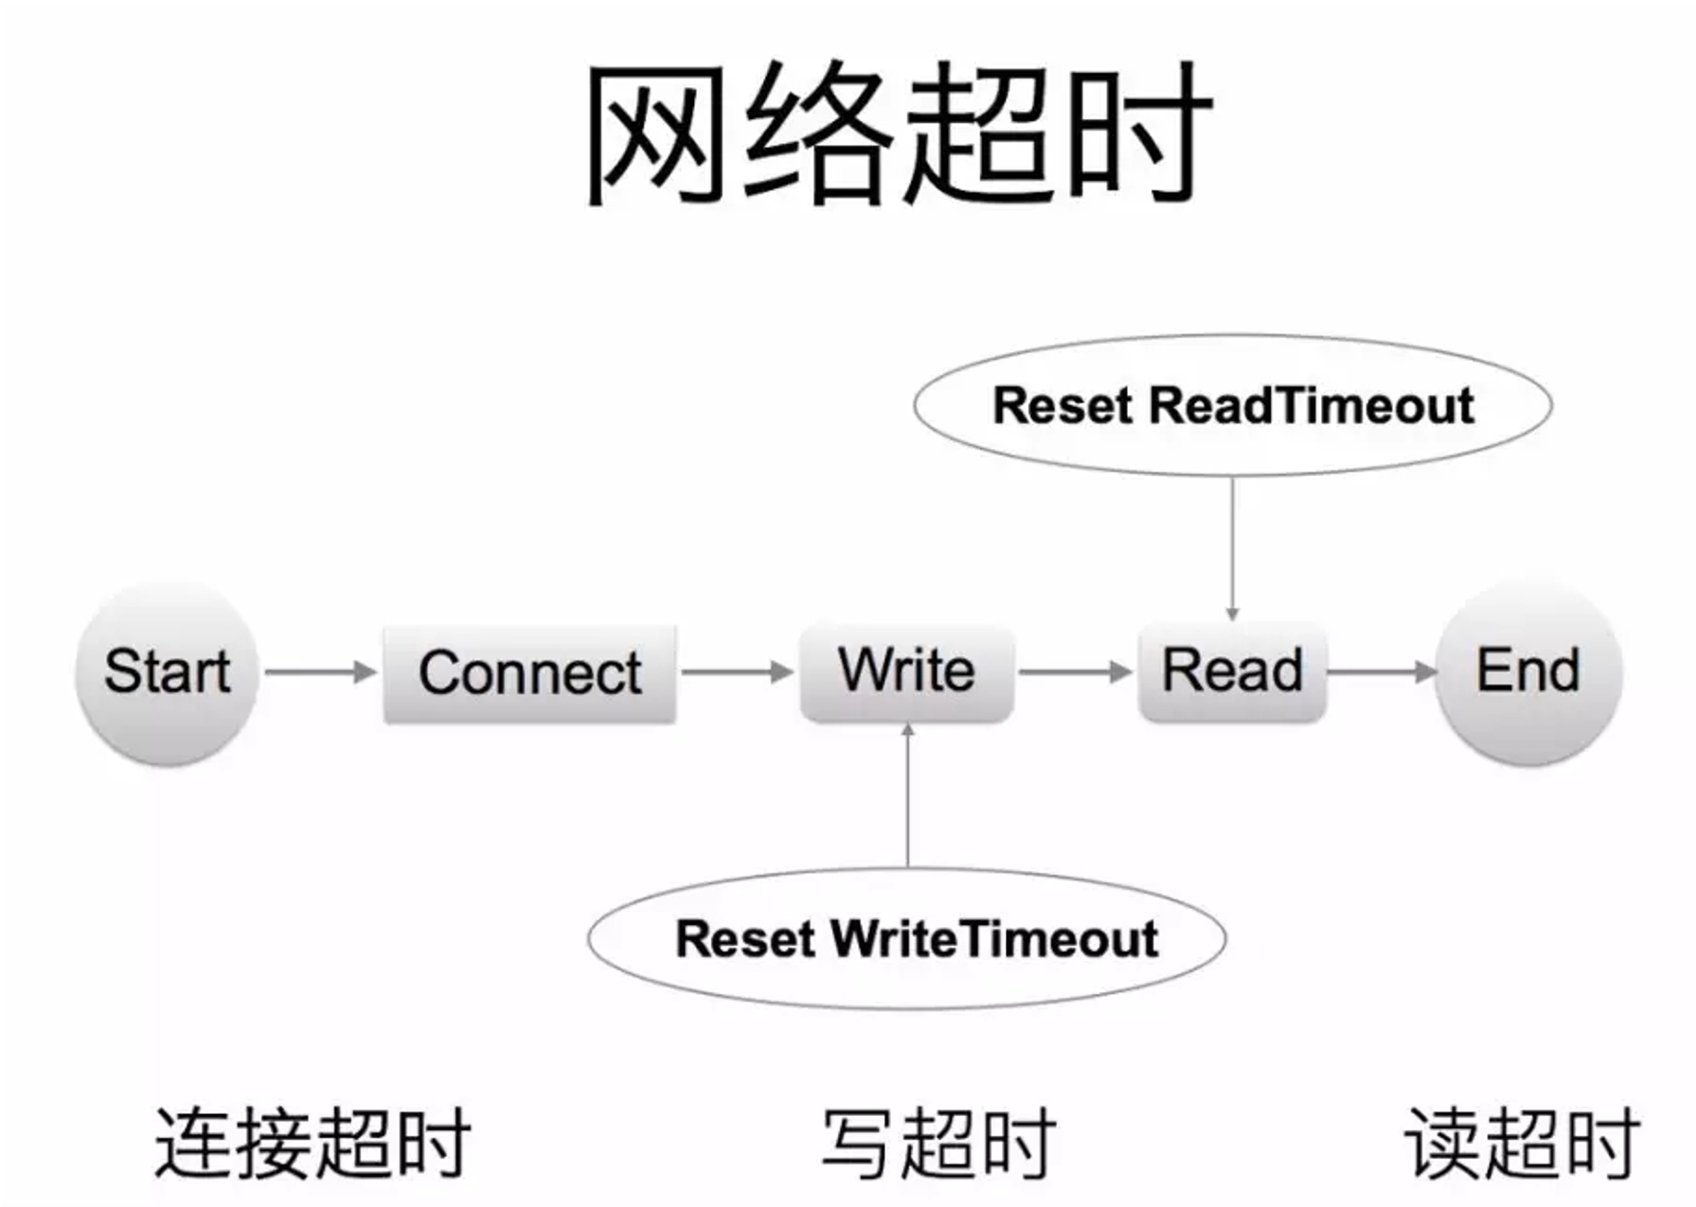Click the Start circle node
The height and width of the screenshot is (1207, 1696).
coord(167,672)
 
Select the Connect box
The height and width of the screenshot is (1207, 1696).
coord(529,673)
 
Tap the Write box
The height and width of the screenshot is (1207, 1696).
coord(906,671)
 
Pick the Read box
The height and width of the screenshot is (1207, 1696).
coord(1231,671)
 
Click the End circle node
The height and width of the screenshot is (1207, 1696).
coord(1527,671)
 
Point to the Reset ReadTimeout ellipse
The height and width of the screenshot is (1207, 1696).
coord(1232,405)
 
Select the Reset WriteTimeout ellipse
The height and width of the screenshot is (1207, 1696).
coord(906,938)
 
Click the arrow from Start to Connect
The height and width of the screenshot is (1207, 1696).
coord(319,672)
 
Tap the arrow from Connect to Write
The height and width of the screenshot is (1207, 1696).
coord(737,672)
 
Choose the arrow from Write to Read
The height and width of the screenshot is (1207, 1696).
coord(1075,672)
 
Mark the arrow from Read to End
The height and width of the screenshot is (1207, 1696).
coord(1381,672)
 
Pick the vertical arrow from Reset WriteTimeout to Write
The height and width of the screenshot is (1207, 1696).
coord(907,795)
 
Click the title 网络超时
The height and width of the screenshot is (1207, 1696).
coord(898,133)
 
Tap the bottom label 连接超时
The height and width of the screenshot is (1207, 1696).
coord(312,1143)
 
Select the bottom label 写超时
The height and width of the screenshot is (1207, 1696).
coord(937,1143)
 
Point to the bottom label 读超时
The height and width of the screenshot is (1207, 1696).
coord(1522,1143)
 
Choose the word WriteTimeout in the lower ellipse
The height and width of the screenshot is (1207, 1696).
coord(994,938)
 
